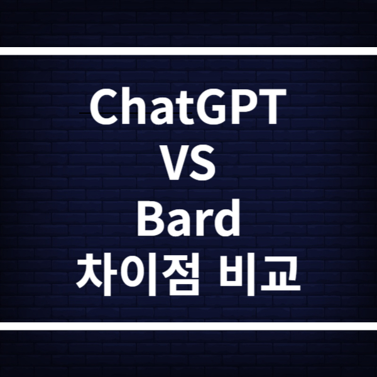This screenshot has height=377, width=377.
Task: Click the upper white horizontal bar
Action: tap(188, 52)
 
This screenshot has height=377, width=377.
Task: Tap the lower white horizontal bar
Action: tap(188, 326)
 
